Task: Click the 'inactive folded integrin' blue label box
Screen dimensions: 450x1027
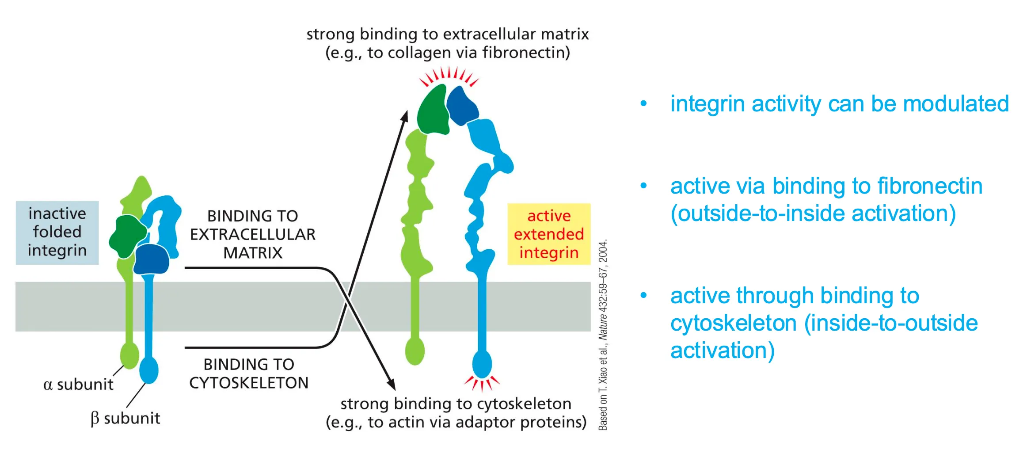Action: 57,233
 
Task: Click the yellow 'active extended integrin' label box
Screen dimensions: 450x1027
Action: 548,234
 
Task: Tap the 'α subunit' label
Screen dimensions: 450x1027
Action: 78,385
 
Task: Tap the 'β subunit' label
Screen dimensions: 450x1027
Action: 125,418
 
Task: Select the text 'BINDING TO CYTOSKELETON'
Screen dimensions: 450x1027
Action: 249,374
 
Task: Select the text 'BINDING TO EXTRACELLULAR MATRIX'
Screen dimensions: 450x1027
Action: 252,234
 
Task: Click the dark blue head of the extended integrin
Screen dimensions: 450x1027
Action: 462,105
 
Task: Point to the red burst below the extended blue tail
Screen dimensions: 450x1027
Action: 482,383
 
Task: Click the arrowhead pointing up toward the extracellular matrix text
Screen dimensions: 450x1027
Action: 404,116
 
